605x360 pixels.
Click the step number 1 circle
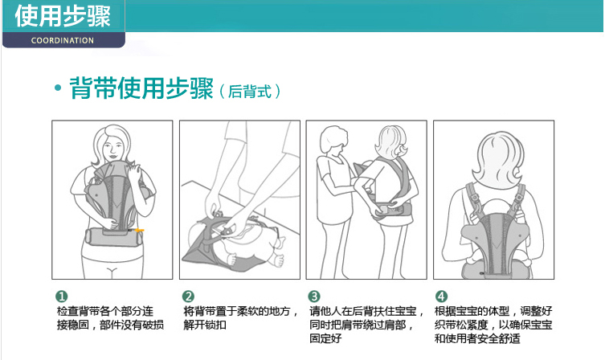62,297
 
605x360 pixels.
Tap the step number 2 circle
188,297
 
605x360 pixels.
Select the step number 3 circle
314,297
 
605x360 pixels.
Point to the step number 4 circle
441,297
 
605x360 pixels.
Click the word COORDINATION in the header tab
63,40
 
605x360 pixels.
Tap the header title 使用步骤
63,16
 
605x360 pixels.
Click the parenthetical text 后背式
250,92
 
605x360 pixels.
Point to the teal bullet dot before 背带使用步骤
58,88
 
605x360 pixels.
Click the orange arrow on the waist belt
138,231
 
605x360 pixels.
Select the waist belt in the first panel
113,237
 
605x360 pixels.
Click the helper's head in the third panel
333,138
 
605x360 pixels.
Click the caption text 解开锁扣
205,325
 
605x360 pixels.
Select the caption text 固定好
325,339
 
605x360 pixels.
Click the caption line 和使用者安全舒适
478,339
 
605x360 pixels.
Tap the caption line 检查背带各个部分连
105,311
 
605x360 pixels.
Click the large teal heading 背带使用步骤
141,88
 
